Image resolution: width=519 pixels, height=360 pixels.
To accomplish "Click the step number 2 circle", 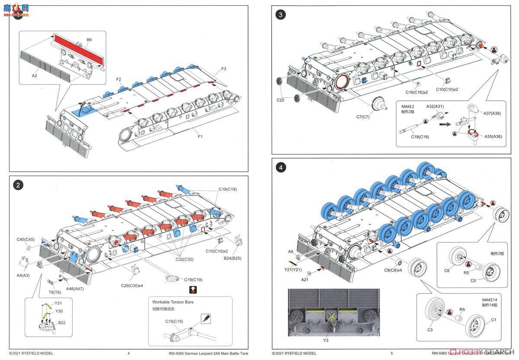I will point(18,185).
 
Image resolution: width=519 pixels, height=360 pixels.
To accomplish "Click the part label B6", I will point(89,40).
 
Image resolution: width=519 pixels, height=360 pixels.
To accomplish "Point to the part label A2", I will point(35,75).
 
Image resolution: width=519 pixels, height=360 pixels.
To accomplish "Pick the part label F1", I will point(200,136).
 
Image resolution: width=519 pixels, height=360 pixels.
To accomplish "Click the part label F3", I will point(224,69).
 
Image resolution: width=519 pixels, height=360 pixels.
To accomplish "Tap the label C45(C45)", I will point(26,239).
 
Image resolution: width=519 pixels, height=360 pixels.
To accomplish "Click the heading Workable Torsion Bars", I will point(173,302).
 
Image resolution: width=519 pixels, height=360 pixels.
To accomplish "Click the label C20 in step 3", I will point(280,100).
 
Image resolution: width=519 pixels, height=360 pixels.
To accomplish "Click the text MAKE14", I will point(490,299).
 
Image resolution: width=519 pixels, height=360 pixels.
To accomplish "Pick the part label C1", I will point(493,320).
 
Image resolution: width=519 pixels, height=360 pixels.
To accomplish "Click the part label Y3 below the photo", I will point(326,341).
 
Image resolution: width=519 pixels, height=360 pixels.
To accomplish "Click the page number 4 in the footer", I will point(128,353).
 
